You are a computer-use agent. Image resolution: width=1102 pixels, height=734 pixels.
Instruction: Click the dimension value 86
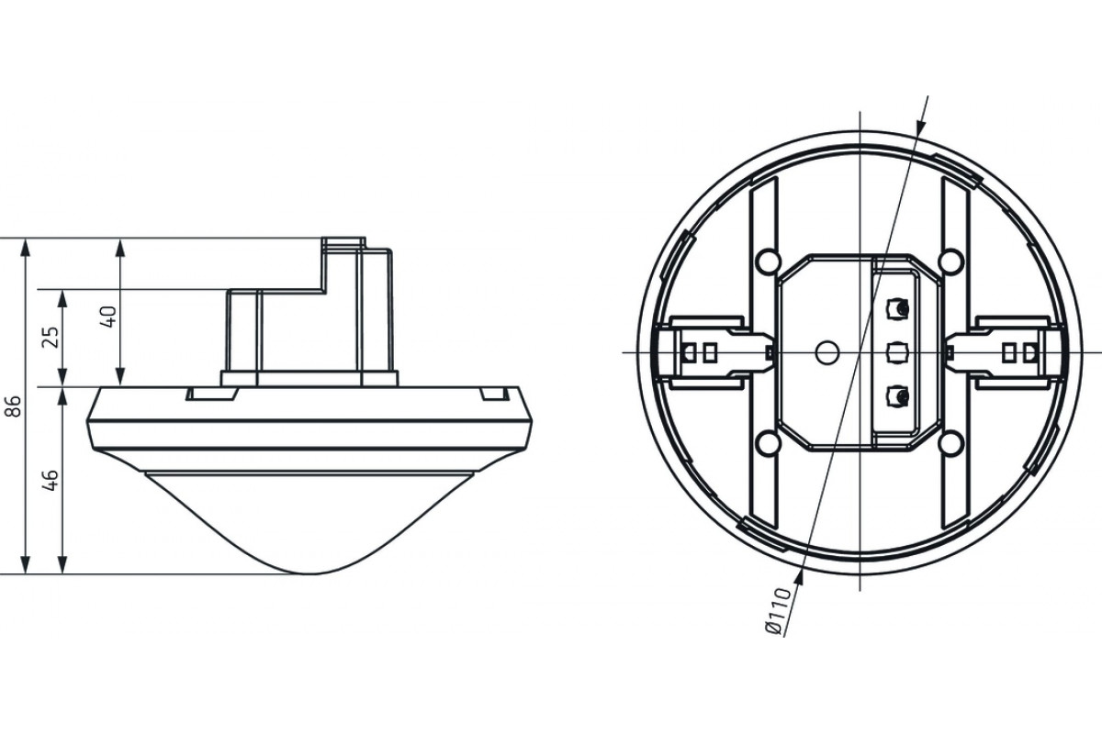pyautogui.click(x=16, y=406)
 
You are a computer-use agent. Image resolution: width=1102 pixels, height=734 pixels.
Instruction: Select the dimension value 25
pyautogui.click(x=51, y=338)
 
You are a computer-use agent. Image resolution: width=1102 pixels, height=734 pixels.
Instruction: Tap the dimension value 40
pyautogui.click(x=108, y=317)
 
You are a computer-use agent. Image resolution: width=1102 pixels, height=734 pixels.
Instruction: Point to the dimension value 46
pyautogui.click(x=51, y=481)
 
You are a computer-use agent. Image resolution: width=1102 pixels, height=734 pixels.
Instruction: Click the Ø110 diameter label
pyautogui.click(x=780, y=611)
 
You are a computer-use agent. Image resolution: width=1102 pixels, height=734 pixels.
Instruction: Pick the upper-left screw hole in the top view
pyautogui.click(x=768, y=261)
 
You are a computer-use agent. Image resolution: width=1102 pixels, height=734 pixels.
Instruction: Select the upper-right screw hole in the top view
pyautogui.click(x=950, y=261)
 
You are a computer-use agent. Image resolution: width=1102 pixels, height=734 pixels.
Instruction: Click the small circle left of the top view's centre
pyautogui.click(x=827, y=352)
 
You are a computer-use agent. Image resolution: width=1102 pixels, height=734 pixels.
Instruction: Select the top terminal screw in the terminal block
pyautogui.click(x=897, y=309)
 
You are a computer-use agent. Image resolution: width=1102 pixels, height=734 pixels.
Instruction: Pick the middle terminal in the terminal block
pyautogui.click(x=897, y=352)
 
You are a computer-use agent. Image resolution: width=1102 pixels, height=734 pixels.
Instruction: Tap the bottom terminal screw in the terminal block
pyautogui.click(x=897, y=396)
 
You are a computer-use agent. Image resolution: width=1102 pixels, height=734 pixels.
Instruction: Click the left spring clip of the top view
pyautogui.click(x=714, y=352)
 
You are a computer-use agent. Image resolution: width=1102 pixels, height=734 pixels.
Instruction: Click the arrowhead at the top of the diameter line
pyautogui.click(x=919, y=126)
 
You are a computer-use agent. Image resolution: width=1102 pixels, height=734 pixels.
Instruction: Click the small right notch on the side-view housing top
pyautogui.click(x=494, y=394)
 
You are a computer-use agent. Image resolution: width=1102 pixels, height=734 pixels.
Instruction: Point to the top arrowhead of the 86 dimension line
pyautogui.click(x=25, y=248)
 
